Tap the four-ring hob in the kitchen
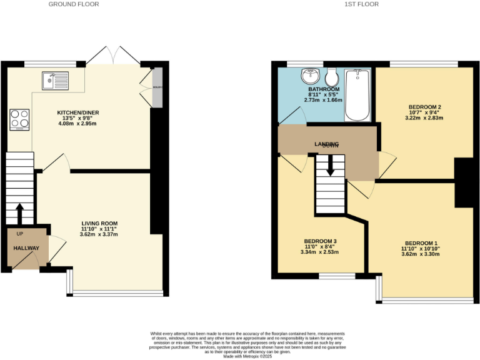click(x=19, y=118)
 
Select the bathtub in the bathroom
click(x=358, y=95)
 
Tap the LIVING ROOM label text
click(x=99, y=223)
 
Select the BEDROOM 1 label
click(x=422, y=243)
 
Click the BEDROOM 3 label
click(x=320, y=241)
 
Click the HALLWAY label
click(x=27, y=248)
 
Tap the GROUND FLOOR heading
click(x=74, y=4)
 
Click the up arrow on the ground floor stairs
click(x=19, y=213)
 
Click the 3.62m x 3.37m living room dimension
click(x=99, y=235)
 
